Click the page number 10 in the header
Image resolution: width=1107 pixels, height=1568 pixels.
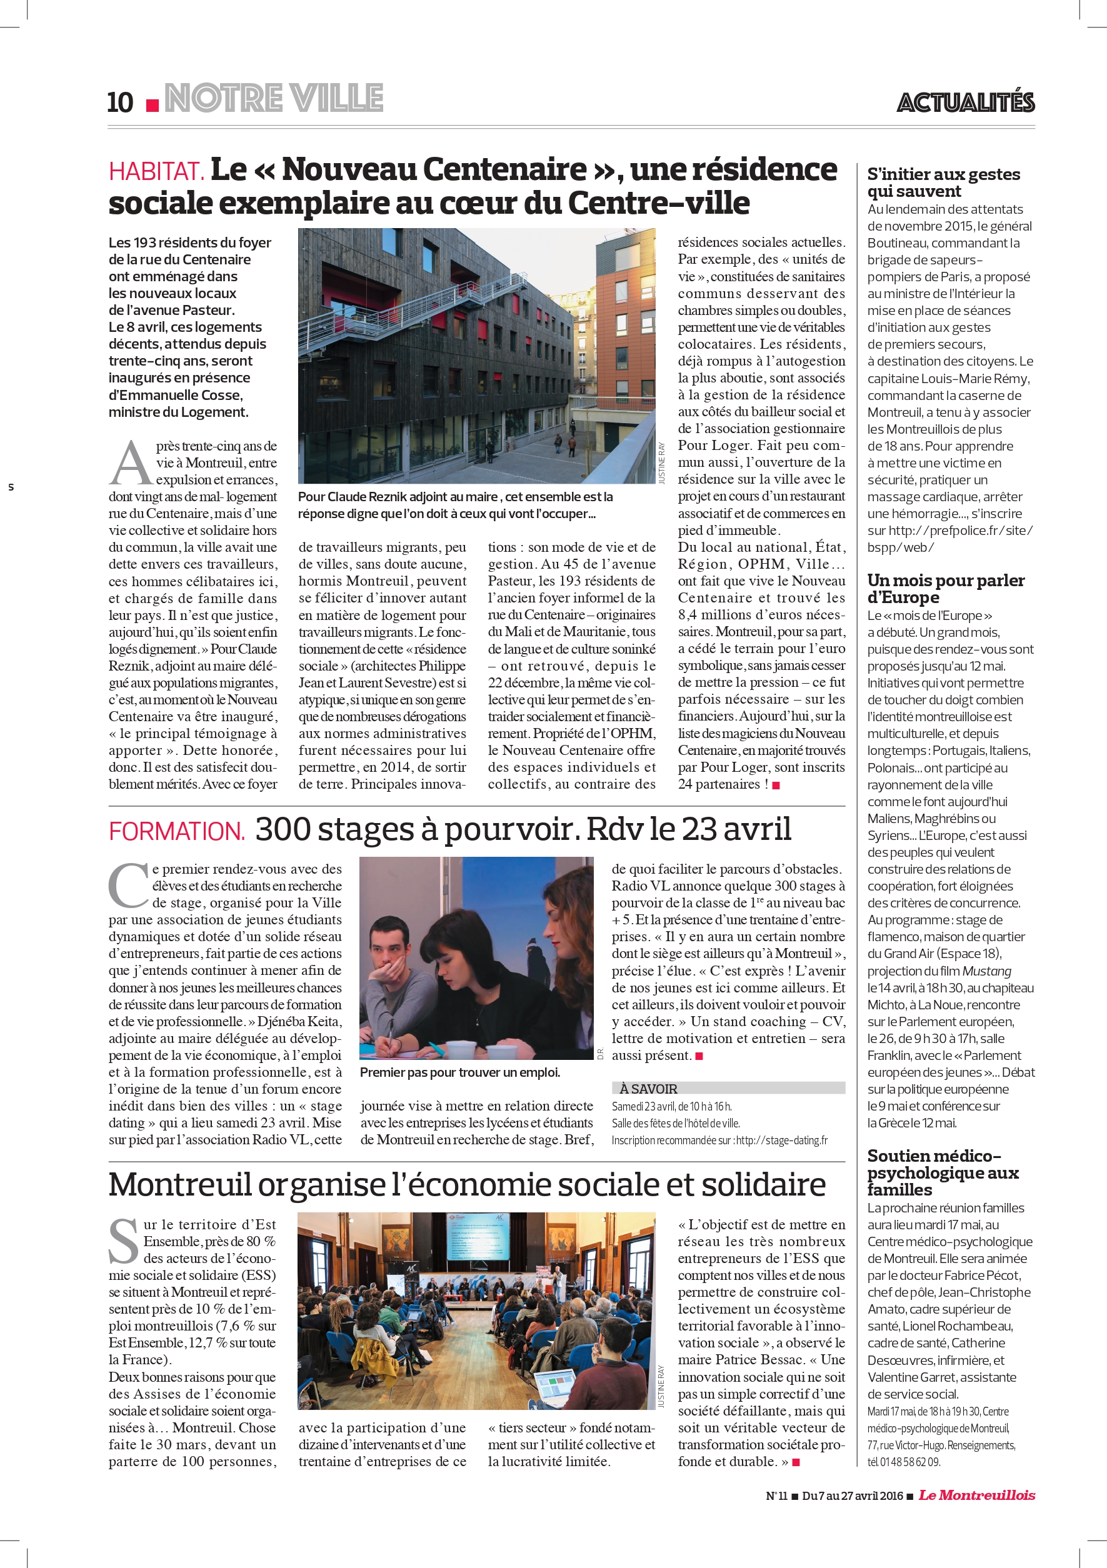pos(120,102)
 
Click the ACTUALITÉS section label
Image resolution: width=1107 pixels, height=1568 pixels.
pos(966,102)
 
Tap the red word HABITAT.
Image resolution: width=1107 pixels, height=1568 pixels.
pos(156,171)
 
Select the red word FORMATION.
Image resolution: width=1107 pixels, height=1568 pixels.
pos(176,831)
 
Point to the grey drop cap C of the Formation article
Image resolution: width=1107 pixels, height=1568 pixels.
pos(128,885)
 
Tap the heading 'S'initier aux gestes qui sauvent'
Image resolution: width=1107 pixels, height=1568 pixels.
pos(943,182)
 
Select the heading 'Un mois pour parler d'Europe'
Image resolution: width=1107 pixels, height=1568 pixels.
pos(945,589)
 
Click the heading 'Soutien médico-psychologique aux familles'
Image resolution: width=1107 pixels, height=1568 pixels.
pos(942,1172)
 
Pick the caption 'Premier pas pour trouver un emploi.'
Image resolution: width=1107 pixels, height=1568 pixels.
pos(459,1072)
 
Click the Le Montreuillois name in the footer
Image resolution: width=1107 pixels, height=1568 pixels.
pos(976,1495)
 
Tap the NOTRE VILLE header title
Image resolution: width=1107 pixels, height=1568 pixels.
pos(274,98)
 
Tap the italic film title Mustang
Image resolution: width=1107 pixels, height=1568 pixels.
pos(986,971)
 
